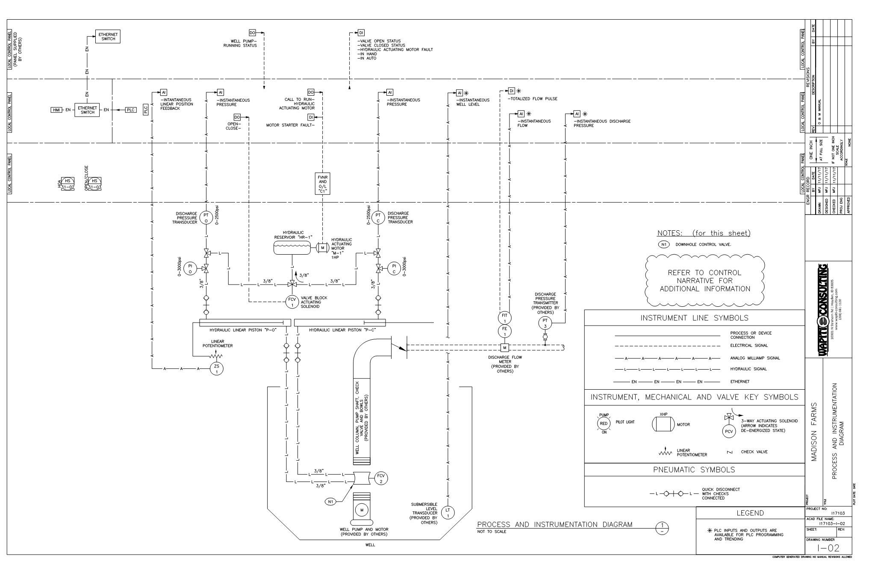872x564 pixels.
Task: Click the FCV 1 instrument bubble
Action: (x=292, y=302)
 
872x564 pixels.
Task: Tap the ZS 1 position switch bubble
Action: (x=216, y=369)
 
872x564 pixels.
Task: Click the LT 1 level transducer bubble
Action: (x=448, y=512)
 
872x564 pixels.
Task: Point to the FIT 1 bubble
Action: (x=504, y=318)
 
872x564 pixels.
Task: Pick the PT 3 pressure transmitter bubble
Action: (x=545, y=323)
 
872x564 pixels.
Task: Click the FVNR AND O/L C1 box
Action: (x=323, y=184)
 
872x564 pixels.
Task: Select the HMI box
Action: (x=56, y=110)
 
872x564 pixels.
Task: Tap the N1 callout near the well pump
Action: (x=330, y=502)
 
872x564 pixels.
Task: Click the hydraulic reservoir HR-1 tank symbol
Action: (x=293, y=247)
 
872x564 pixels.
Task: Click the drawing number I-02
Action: (x=828, y=548)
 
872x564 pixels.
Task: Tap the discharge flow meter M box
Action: (x=504, y=347)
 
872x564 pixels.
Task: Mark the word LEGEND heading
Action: (x=750, y=513)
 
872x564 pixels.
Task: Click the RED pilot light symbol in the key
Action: (x=604, y=423)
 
